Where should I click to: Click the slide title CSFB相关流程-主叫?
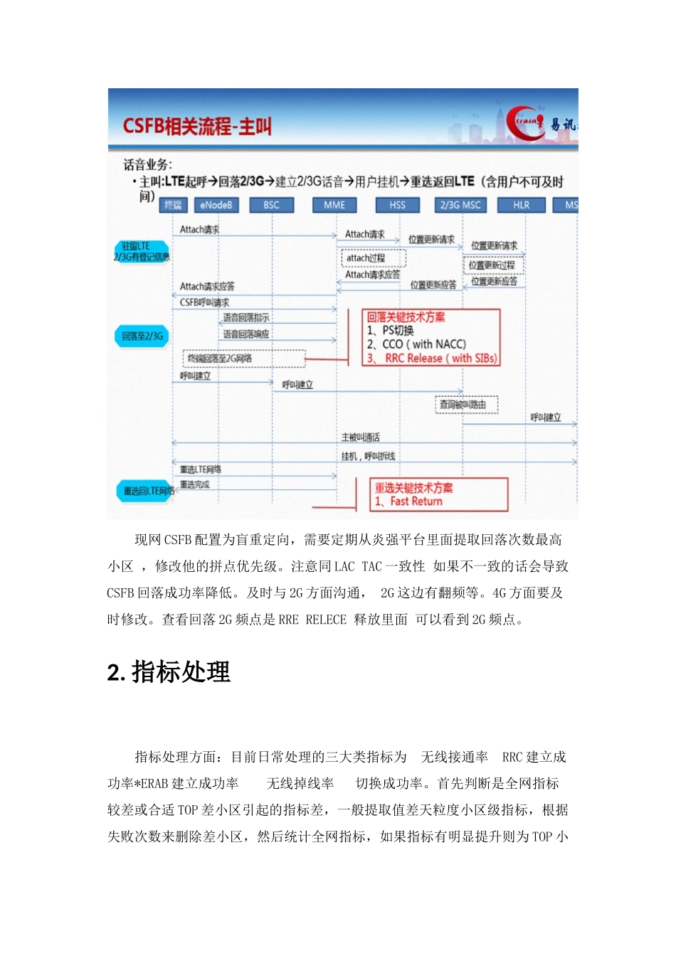click(197, 127)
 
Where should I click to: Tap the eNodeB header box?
click(216, 205)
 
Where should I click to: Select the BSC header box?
click(271, 205)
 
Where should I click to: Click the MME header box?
click(334, 205)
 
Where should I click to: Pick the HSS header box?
click(397, 205)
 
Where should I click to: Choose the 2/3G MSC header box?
click(460, 205)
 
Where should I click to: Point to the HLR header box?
click(521, 205)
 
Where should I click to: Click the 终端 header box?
click(173, 205)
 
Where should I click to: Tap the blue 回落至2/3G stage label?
click(142, 336)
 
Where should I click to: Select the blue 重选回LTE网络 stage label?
click(147, 491)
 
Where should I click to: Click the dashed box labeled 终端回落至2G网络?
click(244, 358)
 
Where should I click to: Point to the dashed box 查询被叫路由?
click(466, 405)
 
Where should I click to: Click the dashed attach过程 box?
click(374, 257)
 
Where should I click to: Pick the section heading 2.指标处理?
click(169, 672)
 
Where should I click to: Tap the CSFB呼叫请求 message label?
click(204, 302)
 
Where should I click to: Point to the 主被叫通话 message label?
click(361, 437)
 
